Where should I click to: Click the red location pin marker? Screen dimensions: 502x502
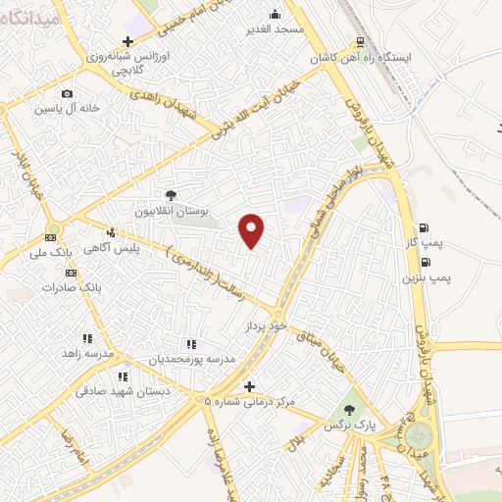point(252,231)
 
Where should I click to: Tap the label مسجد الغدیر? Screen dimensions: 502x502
point(277,29)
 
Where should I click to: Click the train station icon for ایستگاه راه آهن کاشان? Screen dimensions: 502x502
point(361,42)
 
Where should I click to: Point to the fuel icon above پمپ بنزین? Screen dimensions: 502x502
point(424,262)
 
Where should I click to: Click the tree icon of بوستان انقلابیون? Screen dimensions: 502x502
point(171,195)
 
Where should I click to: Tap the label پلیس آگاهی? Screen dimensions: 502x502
point(137,249)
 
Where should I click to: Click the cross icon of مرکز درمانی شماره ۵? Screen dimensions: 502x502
point(249,386)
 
